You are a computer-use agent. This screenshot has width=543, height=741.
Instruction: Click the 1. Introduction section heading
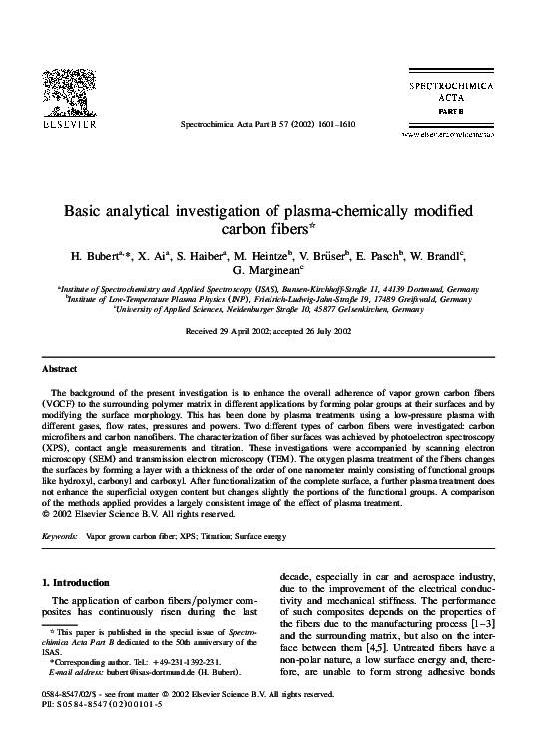point(83,581)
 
